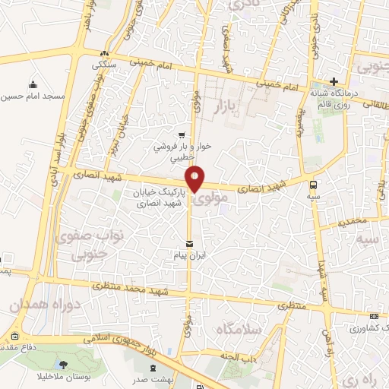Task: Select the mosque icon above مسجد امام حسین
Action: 33,84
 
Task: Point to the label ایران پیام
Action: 188,258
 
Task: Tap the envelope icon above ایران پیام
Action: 188,244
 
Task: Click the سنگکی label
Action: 106,65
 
